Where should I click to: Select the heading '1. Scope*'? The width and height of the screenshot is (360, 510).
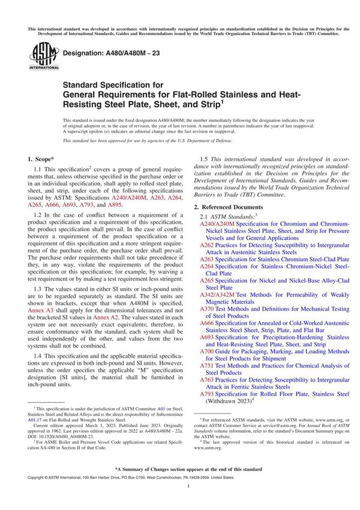click(x=44, y=160)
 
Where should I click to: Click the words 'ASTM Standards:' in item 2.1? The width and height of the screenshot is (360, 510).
click(x=235, y=215)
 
